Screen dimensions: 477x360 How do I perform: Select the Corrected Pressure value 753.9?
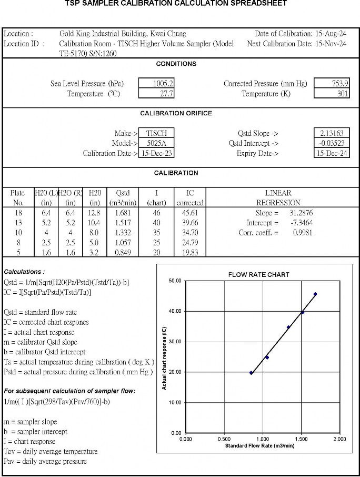(x=332, y=84)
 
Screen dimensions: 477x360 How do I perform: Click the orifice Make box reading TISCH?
(x=156, y=134)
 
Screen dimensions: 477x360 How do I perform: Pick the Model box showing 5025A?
(x=156, y=143)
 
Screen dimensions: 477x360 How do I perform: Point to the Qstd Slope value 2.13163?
(x=332, y=134)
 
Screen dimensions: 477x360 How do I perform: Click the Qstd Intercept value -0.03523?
(x=332, y=143)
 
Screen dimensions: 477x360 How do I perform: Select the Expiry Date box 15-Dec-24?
(x=332, y=153)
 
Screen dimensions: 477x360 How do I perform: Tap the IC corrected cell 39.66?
(x=189, y=223)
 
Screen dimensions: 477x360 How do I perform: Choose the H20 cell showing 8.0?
(x=95, y=233)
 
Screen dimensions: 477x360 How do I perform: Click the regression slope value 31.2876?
(x=300, y=213)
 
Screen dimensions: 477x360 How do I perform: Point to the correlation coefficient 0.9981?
(x=302, y=233)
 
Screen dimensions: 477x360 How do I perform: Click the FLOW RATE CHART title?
(x=258, y=275)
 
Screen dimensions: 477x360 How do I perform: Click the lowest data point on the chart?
(x=251, y=373)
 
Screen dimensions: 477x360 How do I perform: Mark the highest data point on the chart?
(x=315, y=294)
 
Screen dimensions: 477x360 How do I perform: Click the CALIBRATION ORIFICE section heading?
(x=176, y=113)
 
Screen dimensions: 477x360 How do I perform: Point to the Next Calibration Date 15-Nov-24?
(x=331, y=44)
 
